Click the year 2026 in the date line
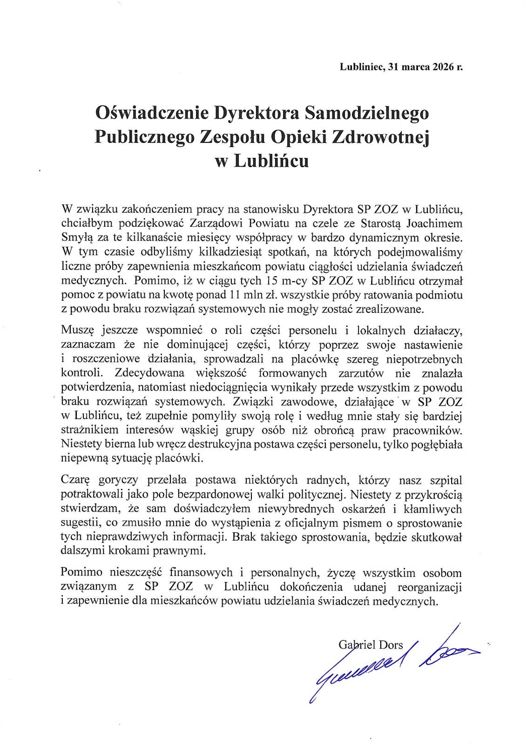click(442, 67)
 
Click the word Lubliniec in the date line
click(361, 67)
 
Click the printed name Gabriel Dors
click(371, 644)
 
